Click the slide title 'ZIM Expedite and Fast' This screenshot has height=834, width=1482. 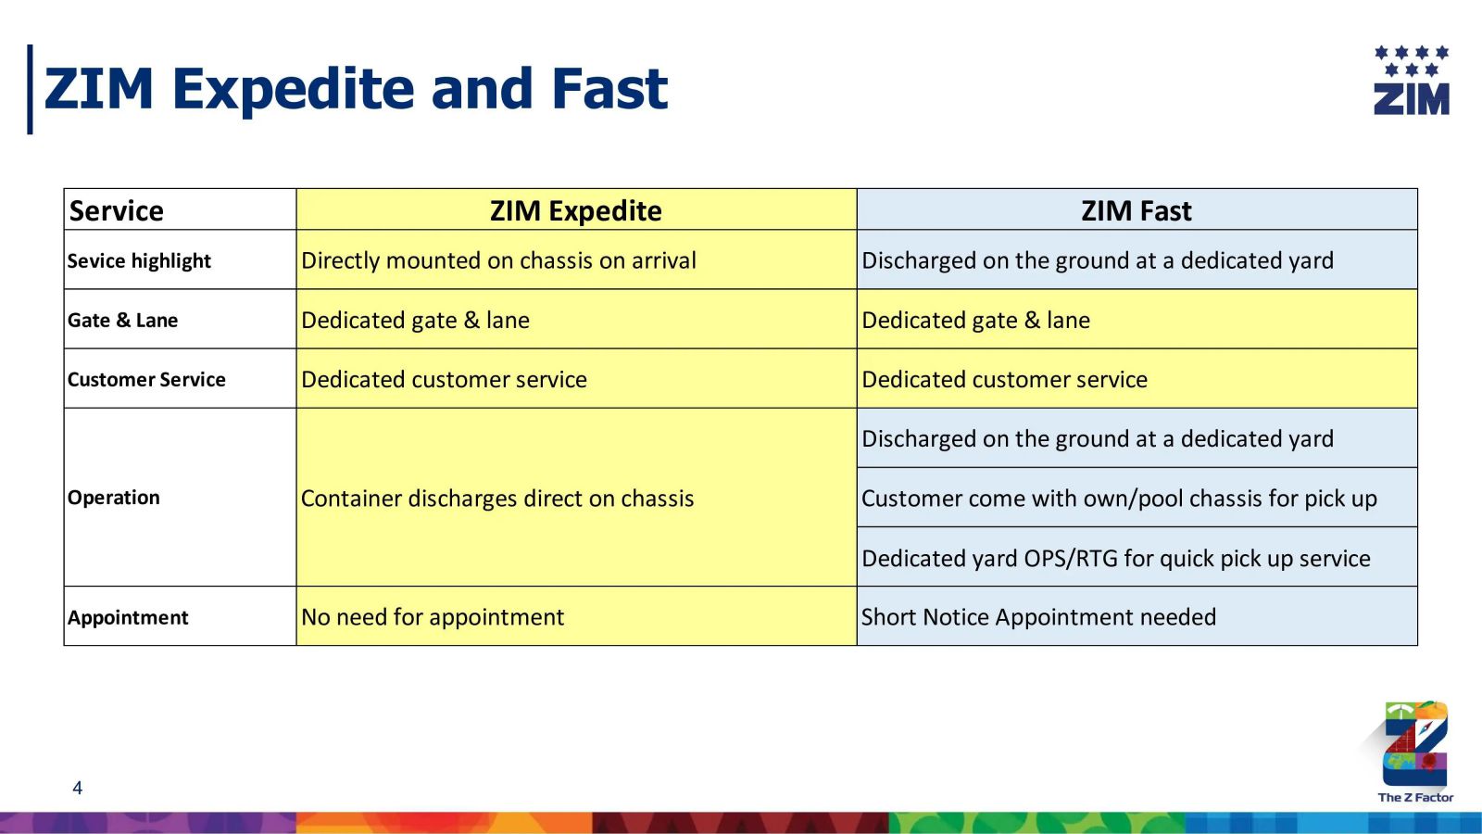click(x=356, y=89)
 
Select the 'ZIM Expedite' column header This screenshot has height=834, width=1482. click(x=575, y=210)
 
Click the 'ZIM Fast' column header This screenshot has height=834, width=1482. click(x=1136, y=210)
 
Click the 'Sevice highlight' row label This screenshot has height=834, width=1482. click(x=139, y=260)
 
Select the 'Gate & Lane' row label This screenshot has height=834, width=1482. click(x=122, y=321)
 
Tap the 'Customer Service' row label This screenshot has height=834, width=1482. click(x=146, y=379)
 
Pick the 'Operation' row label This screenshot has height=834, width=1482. click(x=113, y=497)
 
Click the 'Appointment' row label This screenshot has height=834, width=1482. click(x=128, y=617)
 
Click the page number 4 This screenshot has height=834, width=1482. click(x=78, y=789)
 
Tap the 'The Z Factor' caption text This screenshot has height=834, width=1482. click(x=1416, y=798)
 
